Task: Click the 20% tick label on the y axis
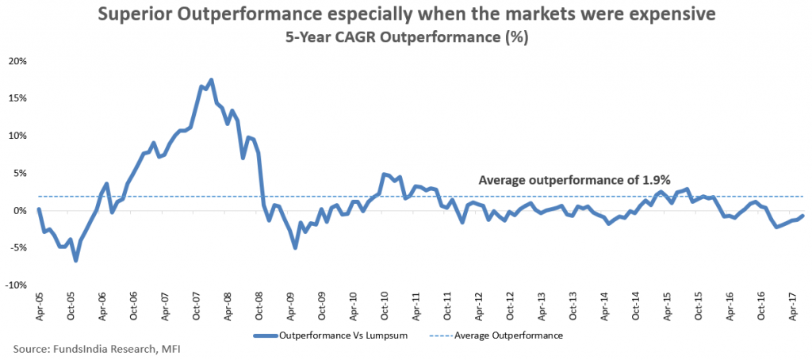click(x=18, y=61)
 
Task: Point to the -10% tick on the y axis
click(x=17, y=285)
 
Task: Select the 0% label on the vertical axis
click(x=21, y=211)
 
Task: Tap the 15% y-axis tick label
click(x=18, y=98)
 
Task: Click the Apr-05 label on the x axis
click(x=40, y=305)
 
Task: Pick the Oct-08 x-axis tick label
click(x=260, y=305)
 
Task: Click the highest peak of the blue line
click(x=211, y=79)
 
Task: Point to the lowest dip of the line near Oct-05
click(x=75, y=260)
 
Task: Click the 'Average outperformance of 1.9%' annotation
click(x=575, y=181)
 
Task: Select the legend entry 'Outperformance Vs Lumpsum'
click(x=343, y=335)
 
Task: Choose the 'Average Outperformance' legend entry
click(x=508, y=335)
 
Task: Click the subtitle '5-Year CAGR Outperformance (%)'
click(x=406, y=36)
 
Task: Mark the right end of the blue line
click(x=804, y=216)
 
